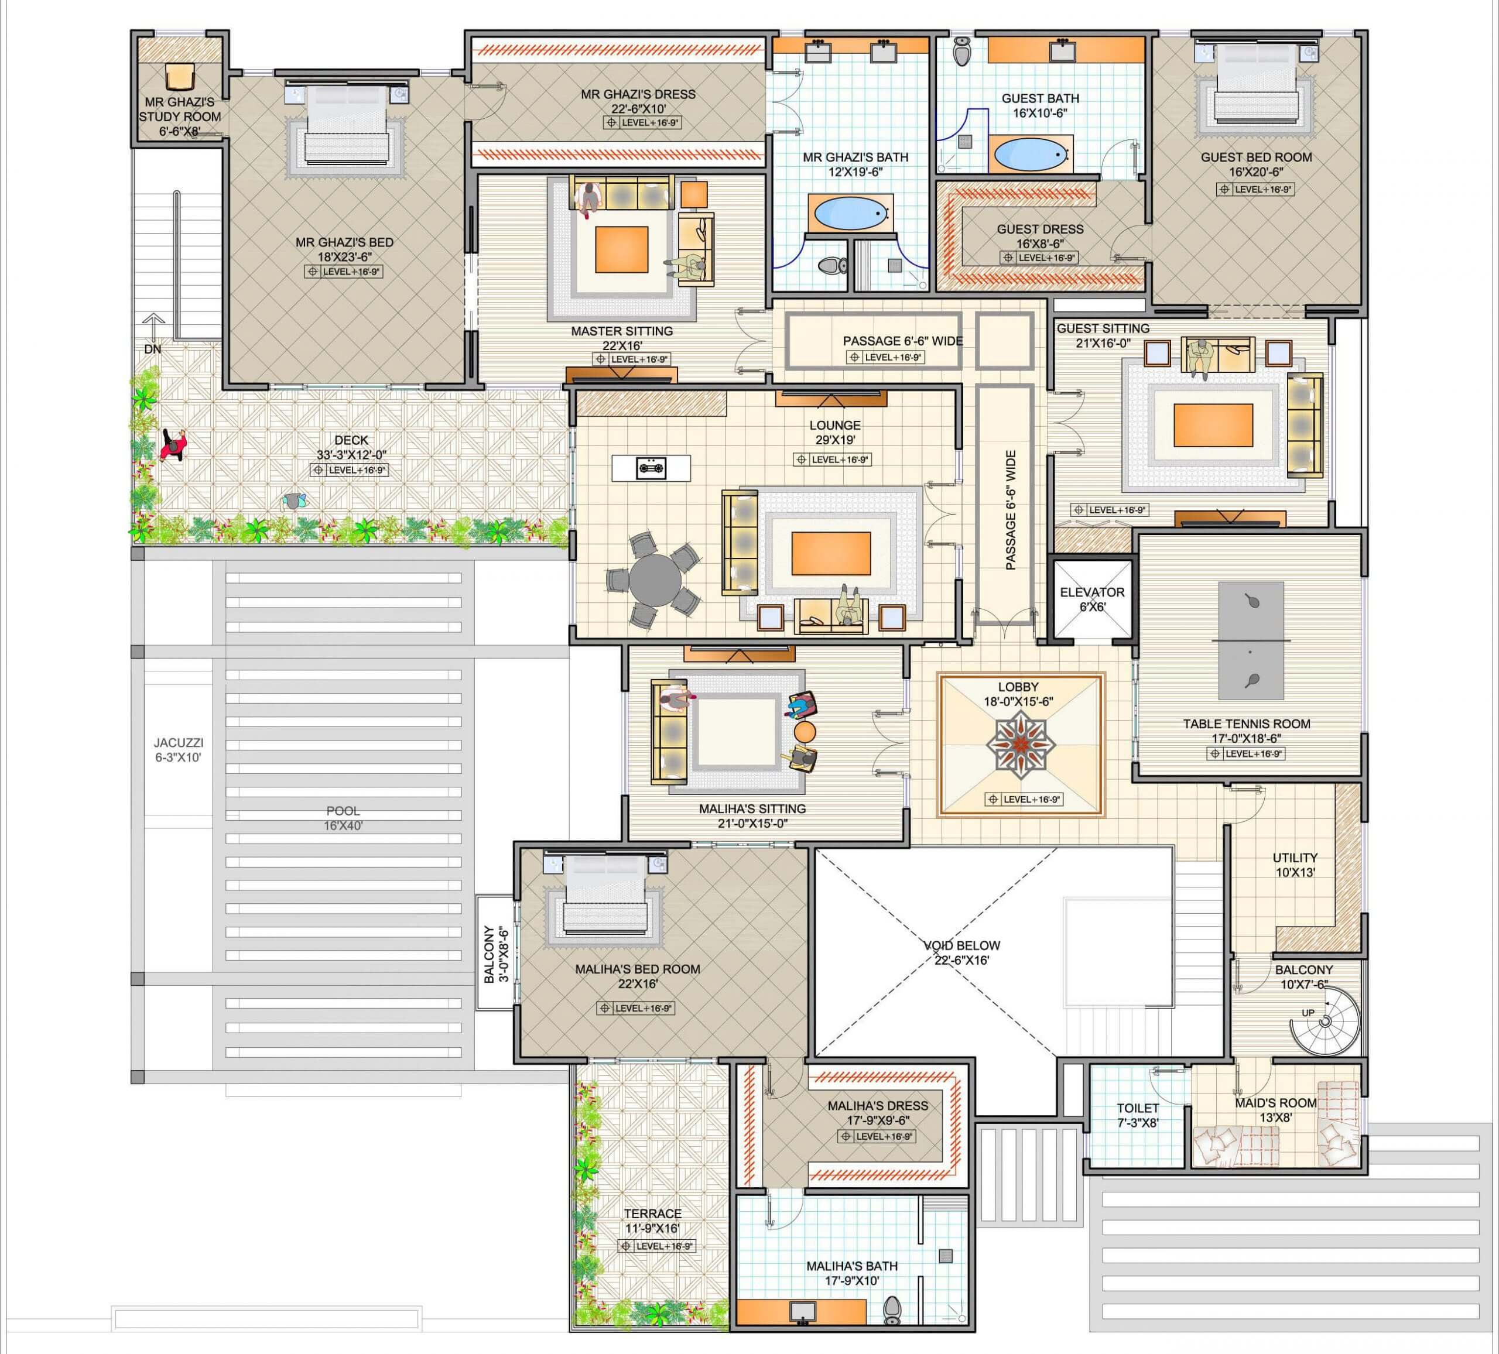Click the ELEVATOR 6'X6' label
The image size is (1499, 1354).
(1091, 599)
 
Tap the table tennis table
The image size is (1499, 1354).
(1251, 640)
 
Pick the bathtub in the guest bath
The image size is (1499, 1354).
(1031, 155)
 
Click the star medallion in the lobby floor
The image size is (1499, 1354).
(1021, 744)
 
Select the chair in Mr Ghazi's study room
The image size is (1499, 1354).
(179, 76)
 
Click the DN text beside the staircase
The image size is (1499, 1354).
(152, 349)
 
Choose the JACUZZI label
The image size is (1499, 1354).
(179, 742)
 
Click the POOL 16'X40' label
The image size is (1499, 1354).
(343, 818)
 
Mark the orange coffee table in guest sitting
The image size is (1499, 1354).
(1213, 426)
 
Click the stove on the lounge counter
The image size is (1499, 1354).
(651, 468)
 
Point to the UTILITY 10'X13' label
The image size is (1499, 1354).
(1295, 865)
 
